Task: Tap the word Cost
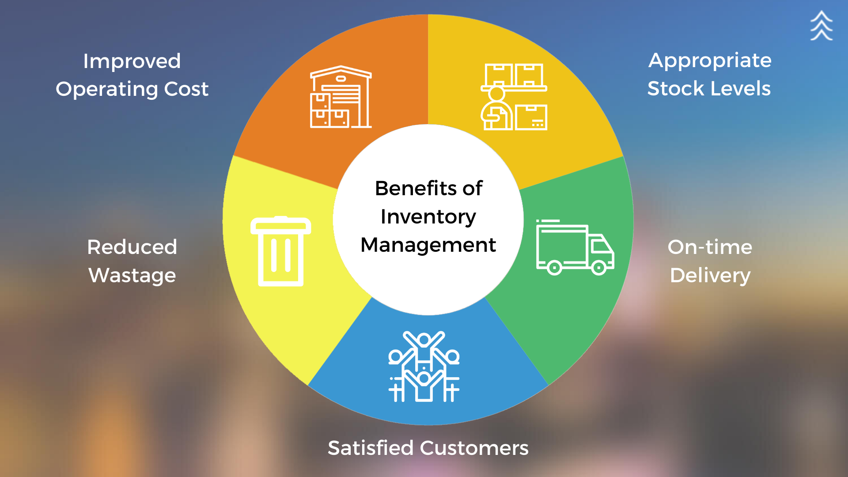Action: pyautogui.click(x=186, y=89)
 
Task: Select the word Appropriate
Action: pyautogui.click(x=710, y=61)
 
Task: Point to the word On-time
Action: pyautogui.click(x=710, y=247)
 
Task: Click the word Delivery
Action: pyautogui.click(x=710, y=276)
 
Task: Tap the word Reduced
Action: pyautogui.click(x=132, y=247)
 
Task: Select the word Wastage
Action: pyautogui.click(x=132, y=276)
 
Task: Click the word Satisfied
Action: pyautogui.click(x=371, y=448)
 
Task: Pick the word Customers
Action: pyautogui.click(x=474, y=448)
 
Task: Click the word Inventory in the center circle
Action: pyautogui.click(x=428, y=217)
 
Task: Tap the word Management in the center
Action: pyautogui.click(x=428, y=245)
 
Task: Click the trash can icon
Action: pyautogui.click(x=281, y=251)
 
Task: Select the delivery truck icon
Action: pyautogui.click(x=575, y=247)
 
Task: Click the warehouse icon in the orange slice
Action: pyautogui.click(x=341, y=97)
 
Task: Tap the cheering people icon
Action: pyautogui.click(x=424, y=367)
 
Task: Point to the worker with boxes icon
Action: pyautogui.click(x=514, y=97)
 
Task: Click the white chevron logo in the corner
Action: pyautogui.click(x=821, y=26)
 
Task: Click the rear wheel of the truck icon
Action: pyautogui.click(x=554, y=268)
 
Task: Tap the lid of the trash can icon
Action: pyautogui.click(x=281, y=225)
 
